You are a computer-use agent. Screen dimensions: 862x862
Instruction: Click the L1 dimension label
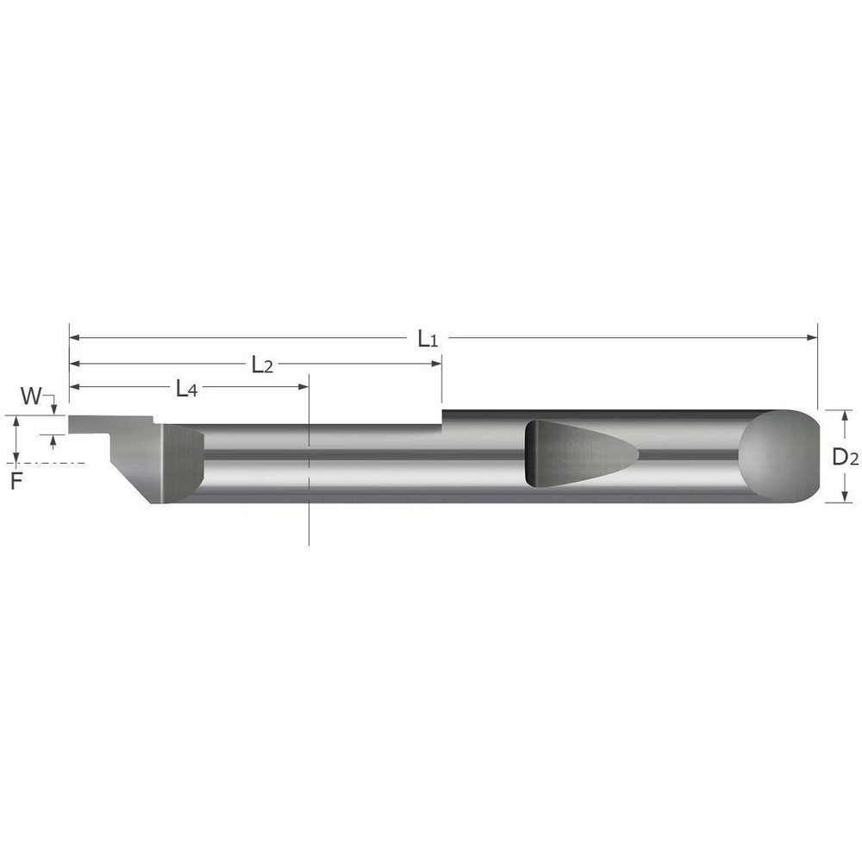pyautogui.click(x=428, y=339)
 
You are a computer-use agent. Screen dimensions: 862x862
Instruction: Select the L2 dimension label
pyautogui.click(x=262, y=365)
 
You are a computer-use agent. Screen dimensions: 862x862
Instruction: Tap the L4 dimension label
pyautogui.click(x=186, y=390)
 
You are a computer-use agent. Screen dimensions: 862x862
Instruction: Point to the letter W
pyautogui.click(x=30, y=397)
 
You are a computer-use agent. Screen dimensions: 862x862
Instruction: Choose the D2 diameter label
pyautogui.click(x=845, y=459)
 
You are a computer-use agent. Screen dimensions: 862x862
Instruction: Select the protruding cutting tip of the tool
pyautogui.click(x=91, y=424)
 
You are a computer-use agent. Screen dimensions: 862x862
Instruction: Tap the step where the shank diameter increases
pyautogui.click(x=442, y=417)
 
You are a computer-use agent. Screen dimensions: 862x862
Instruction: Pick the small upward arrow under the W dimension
pyautogui.click(x=53, y=440)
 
